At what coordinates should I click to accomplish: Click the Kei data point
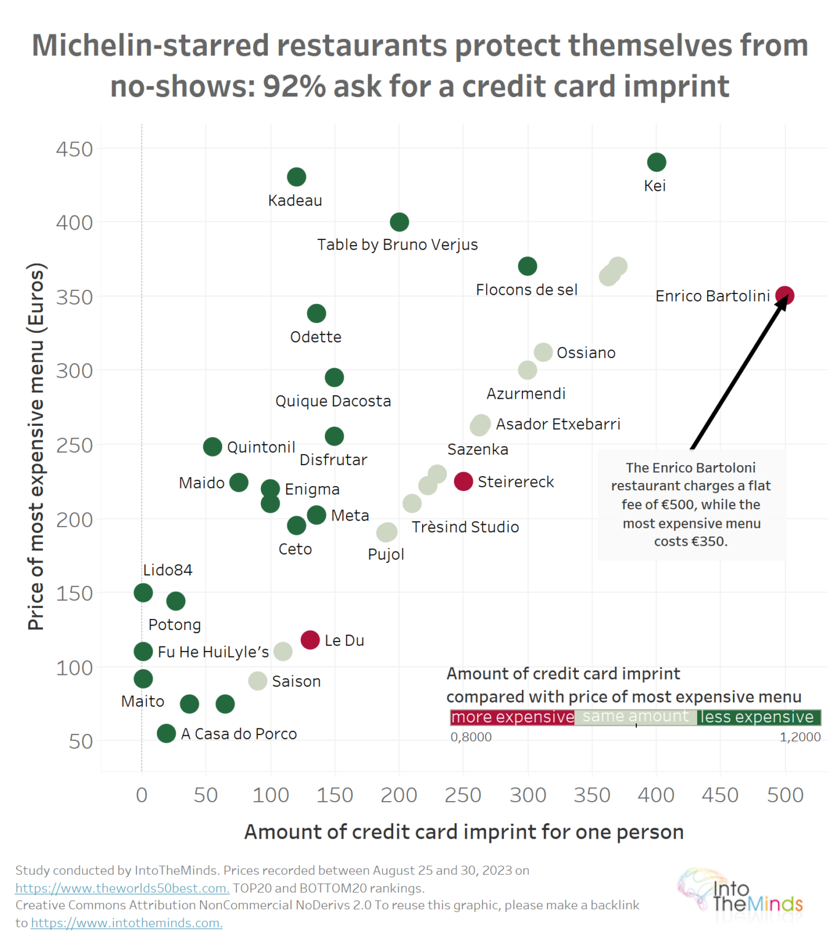(656, 162)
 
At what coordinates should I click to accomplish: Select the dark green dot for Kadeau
(297, 177)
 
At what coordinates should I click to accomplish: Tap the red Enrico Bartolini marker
(785, 296)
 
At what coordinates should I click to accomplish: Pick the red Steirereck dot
(463, 481)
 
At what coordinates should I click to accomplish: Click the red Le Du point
(310, 640)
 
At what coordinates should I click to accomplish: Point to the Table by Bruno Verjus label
(397, 245)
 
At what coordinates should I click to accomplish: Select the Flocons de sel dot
(527, 266)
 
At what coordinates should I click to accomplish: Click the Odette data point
(316, 314)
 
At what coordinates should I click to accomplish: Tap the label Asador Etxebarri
(558, 425)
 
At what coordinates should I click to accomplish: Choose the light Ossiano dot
(543, 353)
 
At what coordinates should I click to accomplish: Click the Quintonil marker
(212, 447)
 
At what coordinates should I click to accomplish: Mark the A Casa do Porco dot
(166, 733)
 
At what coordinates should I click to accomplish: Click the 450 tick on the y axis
(74, 150)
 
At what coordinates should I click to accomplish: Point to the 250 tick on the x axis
(463, 795)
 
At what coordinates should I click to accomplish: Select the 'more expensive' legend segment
(512, 717)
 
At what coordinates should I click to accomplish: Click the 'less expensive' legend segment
(758, 717)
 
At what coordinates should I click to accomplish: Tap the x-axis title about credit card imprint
(463, 832)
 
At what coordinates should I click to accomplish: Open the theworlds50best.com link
(122, 888)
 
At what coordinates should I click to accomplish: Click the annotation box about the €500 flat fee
(690, 504)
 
